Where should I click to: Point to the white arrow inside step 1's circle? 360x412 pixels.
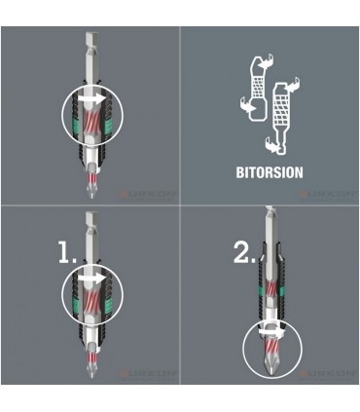[x=93, y=279]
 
